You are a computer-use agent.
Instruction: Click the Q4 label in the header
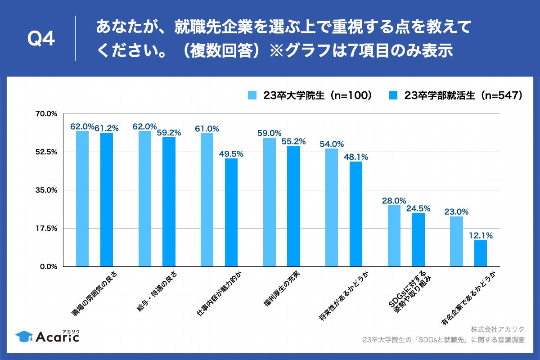point(41,40)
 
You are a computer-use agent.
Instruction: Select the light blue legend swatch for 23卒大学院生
point(252,95)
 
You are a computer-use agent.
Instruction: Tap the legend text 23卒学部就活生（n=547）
point(463,95)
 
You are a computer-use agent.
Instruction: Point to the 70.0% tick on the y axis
point(46,113)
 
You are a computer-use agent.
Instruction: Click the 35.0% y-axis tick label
point(46,190)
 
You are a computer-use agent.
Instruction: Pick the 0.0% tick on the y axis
point(48,266)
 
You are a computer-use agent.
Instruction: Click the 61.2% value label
point(107,128)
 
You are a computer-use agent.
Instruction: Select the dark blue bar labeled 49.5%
point(231,212)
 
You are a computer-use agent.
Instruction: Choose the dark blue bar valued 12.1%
point(481,253)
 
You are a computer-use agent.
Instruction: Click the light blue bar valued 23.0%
point(456,241)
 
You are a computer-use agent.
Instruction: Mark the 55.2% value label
point(293,141)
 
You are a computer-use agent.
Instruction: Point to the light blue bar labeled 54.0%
point(332,207)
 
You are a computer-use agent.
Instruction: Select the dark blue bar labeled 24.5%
point(418,239)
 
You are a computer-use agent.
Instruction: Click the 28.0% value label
point(394,201)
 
